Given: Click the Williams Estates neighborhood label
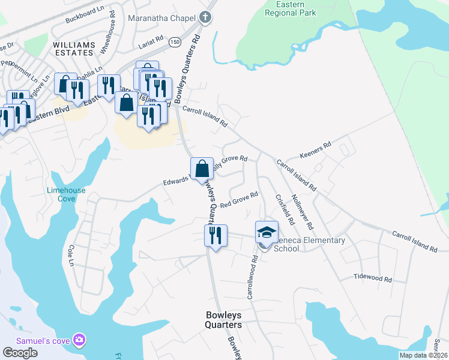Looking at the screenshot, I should click(74, 49).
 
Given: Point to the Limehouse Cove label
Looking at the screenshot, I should click(66, 194).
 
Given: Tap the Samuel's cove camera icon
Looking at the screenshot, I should click(79, 340).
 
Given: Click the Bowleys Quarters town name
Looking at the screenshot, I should click(223, 319).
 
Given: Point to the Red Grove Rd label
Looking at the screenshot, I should click(238, 200).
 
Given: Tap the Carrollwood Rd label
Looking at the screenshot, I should click(252, 277).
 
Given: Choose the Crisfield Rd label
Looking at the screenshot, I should click(284, 209).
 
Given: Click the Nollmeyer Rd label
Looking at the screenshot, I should click(301, 211).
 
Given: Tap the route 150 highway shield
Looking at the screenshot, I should click(174, 41).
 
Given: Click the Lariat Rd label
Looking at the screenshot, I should click(151, 40).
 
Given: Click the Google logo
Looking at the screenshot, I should click(20, 352).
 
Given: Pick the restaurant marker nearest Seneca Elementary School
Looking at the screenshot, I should click(215, 235).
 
